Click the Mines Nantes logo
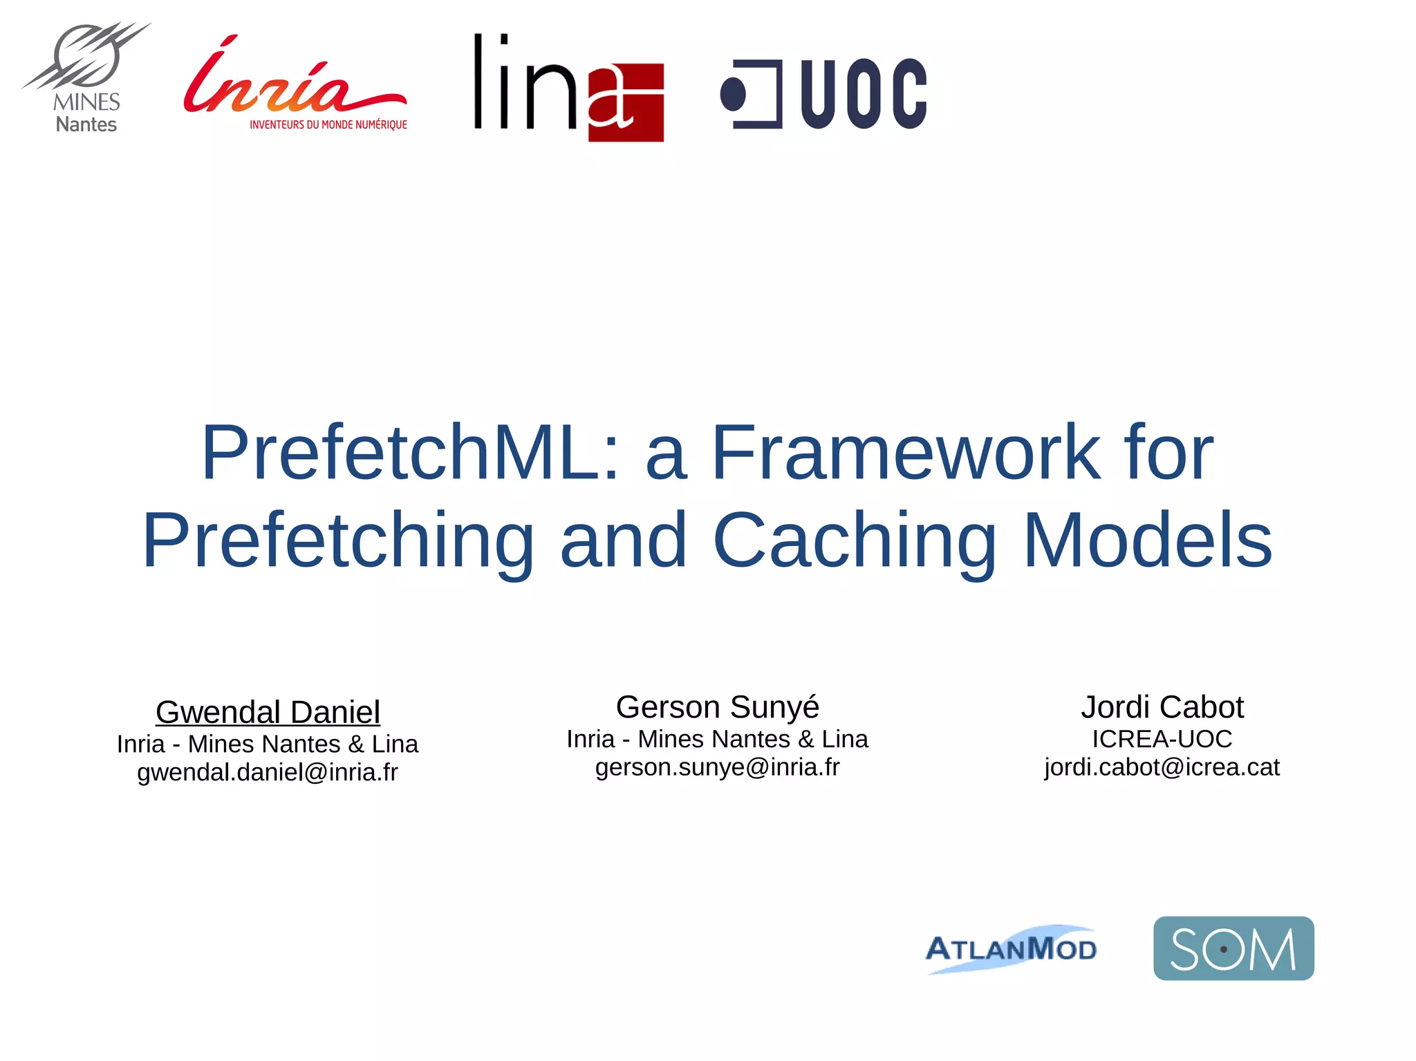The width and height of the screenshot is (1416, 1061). pyautogui.click(x=86, y=77)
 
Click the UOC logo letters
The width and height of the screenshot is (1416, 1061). pyautogui.click(x=864, y=94)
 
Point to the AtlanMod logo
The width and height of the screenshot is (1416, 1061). pyautogui.click(x=1011, y=948)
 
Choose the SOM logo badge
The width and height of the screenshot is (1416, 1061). pyautogui.click(x=1233, y=948)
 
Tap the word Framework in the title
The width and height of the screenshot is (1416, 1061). pyautogui.click(x=905, y=452)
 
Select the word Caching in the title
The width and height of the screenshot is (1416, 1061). pyautogui.click(x=855, y=540)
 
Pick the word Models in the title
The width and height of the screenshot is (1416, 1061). pyautogui.click(x=1147, y=540)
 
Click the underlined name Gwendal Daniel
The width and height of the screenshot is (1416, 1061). pyautogui.click(x=268, y=712)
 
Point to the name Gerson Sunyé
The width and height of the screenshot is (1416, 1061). pyautogui.click(x=717, y=707)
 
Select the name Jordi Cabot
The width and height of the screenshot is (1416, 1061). pyautogui.click(x=1162, y=707)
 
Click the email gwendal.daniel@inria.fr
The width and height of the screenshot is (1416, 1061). pyautogui.click(x=268, y=772)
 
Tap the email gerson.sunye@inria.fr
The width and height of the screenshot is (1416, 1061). pyautogui.click(x=717, y=767)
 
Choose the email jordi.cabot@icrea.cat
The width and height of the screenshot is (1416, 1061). pyautogui.click(x=1162, y=767)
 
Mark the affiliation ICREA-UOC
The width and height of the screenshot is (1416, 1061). pyautogui.click(x=1162, y=739)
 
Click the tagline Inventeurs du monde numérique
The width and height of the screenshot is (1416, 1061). pyautogui.click(x=328, y=125)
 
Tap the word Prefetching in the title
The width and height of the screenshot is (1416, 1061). pyautogui.click(x=338, y=540)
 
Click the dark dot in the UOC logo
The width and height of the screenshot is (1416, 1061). pyautogui.click(x=734, y=95)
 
